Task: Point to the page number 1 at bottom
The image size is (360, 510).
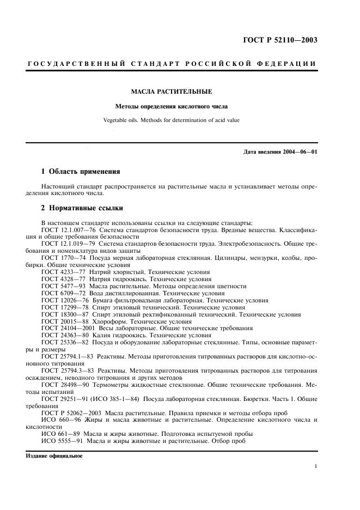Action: point(316,466)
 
